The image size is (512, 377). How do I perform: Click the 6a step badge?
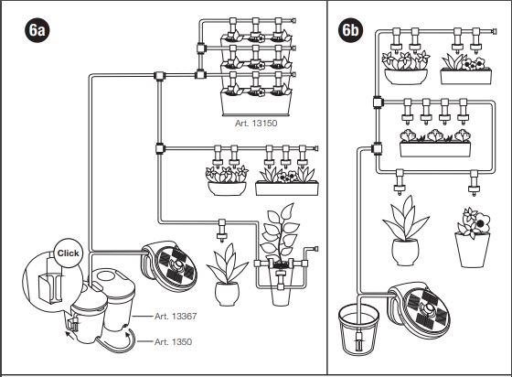tap(37, 30)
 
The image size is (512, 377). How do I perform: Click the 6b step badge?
tap(351, 30)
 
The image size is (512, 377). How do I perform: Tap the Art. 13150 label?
tap(256, 124)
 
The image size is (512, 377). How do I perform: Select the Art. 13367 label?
tap(176, 317)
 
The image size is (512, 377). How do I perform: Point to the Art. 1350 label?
tap(173, 341)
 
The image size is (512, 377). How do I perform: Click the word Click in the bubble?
tap(68, 253)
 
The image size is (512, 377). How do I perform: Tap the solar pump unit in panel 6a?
tap(169, 266)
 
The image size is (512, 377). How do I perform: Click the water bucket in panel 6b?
tap(358, 329)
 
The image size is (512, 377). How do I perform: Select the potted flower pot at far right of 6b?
tap(473, 238)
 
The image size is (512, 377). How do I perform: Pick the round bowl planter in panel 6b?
tap(406, 77)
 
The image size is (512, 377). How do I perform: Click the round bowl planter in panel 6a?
tap(227, 188)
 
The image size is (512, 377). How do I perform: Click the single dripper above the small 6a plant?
tap(222, 231)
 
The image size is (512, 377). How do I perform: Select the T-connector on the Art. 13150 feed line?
tap(159, 76)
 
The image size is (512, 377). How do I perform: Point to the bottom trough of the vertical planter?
tap(256, 103)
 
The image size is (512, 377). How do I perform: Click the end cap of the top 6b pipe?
tap(494, 32)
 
